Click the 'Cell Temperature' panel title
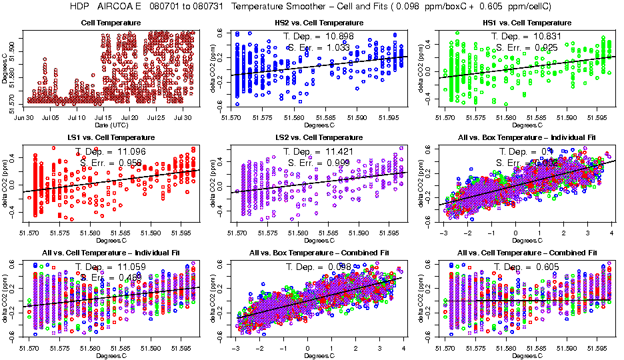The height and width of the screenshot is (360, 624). coord(111,23)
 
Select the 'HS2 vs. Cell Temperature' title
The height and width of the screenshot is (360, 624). coord(319,23)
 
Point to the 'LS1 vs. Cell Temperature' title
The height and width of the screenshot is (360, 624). coord(111,137)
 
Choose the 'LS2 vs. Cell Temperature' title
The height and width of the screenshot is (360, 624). coord(319,137)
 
